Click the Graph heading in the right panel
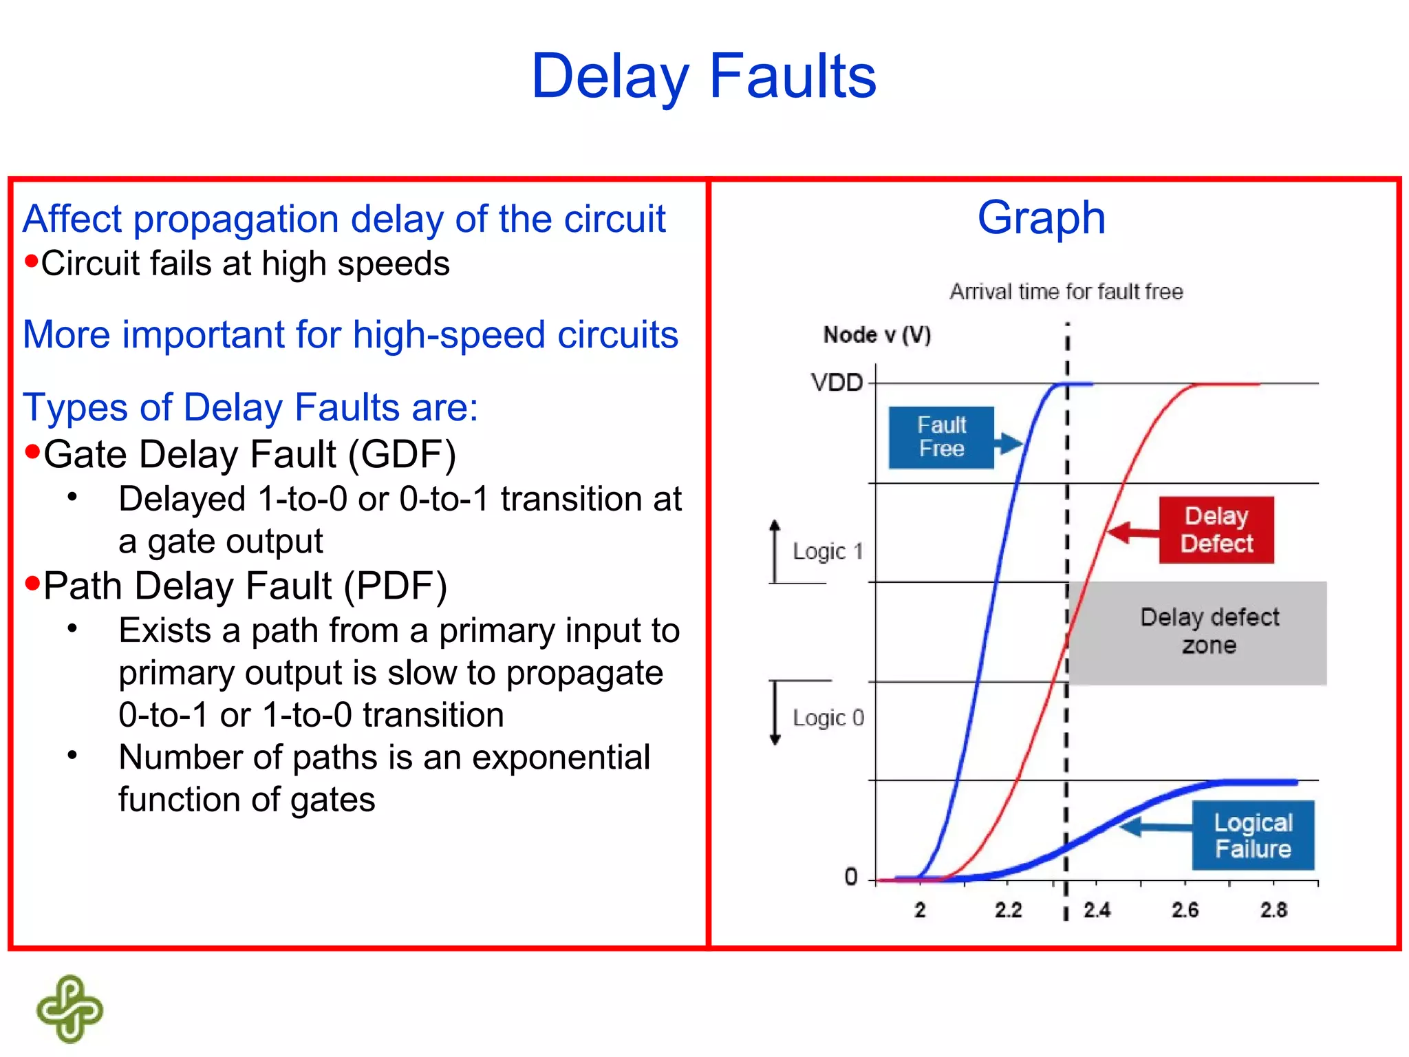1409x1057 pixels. tap(1041, 217)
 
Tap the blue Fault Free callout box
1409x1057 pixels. tap(940, 437)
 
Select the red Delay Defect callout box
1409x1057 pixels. tap(1216, 529)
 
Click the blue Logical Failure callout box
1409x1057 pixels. tap(1252, 835)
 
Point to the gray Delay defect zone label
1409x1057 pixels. tap(1209, 631)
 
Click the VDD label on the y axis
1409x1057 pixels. tap(837, 383)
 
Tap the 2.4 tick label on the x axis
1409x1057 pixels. tap(1097, 910)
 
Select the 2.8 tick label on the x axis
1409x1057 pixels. tap(1273, 910)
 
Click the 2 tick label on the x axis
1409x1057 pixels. tap(920, 910)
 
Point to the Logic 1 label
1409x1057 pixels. tap(828, 551)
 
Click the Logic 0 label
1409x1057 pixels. tap(828, 718)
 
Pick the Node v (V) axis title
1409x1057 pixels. tap(877, 335)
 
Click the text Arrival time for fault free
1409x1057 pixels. tap(1066, 292)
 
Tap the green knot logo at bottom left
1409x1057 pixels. tap(69, 1008)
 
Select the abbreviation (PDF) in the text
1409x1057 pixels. tap(395, 586)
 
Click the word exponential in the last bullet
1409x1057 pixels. tap(561, 758)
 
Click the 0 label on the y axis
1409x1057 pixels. tap(851, 877)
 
